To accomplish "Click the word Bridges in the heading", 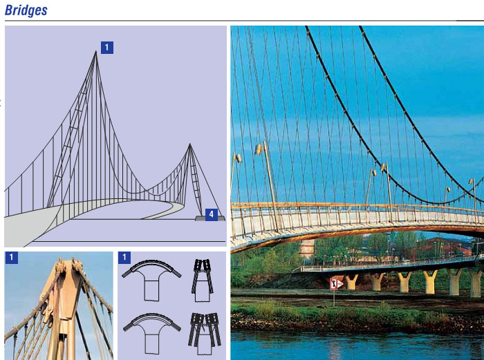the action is tap(26, 10).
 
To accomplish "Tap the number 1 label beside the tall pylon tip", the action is tap(106, 48).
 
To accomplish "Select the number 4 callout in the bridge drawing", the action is tap(211, 214).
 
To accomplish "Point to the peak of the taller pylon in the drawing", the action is tap(95, 51).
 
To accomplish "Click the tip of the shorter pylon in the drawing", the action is tap(189, 144).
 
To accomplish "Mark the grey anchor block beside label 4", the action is tap(210, 218).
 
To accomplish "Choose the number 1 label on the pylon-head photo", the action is tap(12, 257).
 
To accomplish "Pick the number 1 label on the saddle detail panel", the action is tap(124, 257).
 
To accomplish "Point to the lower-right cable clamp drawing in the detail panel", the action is tap(205, 334).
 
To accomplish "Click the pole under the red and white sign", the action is tap(334, 299).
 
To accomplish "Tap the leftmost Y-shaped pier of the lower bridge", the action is tap(352, 282).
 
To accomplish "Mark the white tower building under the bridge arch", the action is tap(306, 248).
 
